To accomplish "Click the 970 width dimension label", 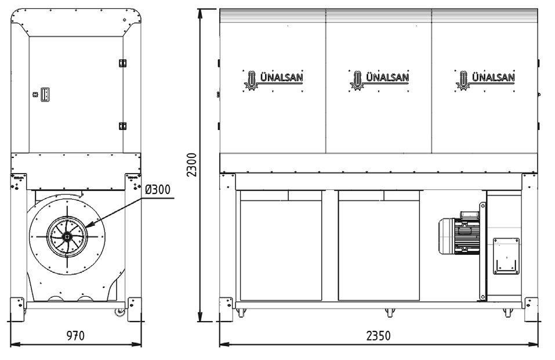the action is coord(75,335).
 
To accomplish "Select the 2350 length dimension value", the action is coord(378,335).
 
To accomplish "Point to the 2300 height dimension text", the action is coord(191,165).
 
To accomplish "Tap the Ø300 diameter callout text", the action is coord(158,189).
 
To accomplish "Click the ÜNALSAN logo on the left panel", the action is coord(273,80).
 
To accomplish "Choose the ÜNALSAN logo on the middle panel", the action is coord(379,80).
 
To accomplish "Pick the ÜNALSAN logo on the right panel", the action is coord(485,80).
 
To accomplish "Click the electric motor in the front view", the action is coord(459,232).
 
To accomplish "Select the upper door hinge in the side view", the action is coord(122,63).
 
